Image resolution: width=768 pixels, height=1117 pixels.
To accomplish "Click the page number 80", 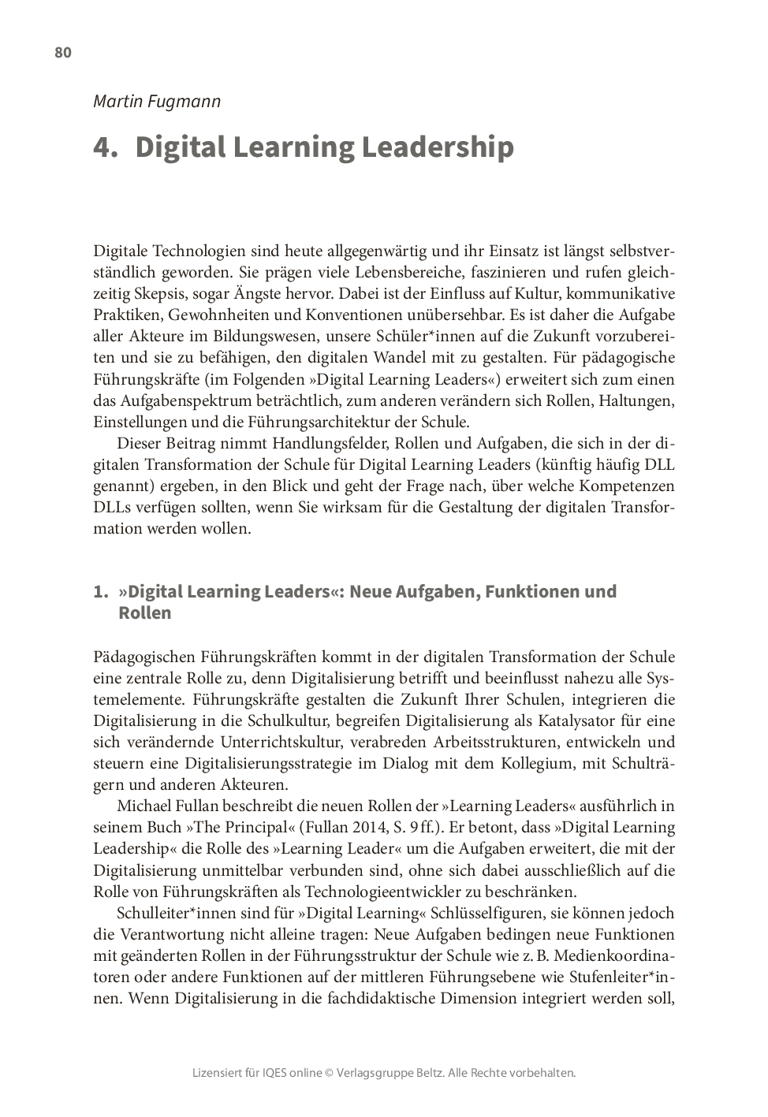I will [63, 53].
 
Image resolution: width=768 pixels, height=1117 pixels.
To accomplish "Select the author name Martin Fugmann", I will [157, 102].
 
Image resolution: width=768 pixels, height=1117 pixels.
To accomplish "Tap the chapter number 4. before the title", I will [105, 147].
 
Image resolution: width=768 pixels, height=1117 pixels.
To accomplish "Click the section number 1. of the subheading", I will [100, 591].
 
